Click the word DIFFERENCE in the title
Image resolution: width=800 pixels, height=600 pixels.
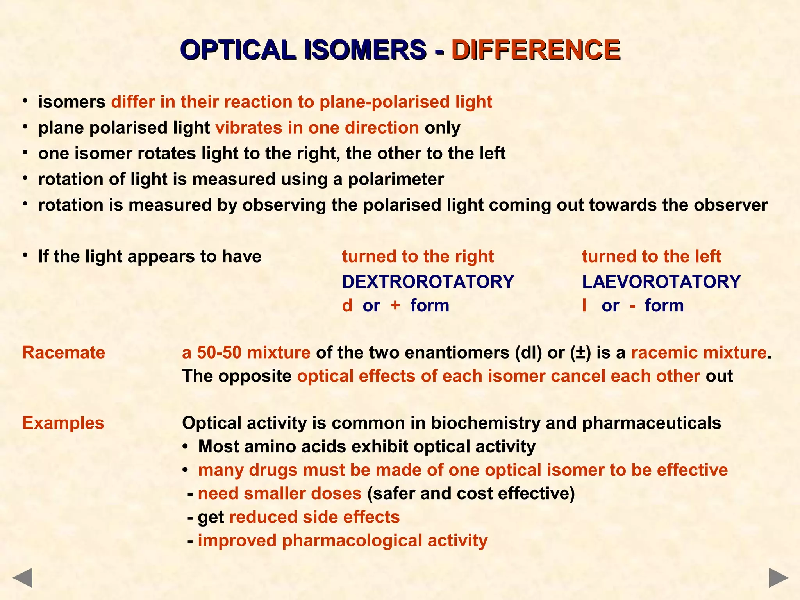pyautogui.click(x=536, y=50)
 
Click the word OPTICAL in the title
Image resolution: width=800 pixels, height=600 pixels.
pyautogui.click(x=239, y=50)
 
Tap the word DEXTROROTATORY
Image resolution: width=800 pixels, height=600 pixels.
pyautogui.click(x=428, y=282)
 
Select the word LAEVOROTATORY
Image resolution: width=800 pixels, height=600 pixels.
pyautogui.click(x=661, y=282)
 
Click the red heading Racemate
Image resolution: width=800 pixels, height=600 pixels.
pyautogui.click(x=64, y=352)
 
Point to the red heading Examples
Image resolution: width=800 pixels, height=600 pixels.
pyautogui.click(x=63, y=423)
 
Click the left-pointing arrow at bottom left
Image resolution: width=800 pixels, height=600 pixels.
pyautogui.click(x=22, y=578)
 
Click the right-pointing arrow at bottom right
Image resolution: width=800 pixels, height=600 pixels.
pyautogui.click(x=779, y=578)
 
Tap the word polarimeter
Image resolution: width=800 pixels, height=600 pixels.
pyautogui.click(x=396, y=179)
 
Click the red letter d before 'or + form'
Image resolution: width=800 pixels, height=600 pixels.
pyautogui.click(x=347, y=305)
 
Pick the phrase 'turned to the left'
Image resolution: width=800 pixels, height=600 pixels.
pyautogui.click(x=651, y=257)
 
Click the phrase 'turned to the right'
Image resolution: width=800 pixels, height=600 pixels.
pyautogui.click(x=418, y=257)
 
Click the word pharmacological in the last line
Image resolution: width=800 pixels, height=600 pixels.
pyautogui.click(x=352, y=541)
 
